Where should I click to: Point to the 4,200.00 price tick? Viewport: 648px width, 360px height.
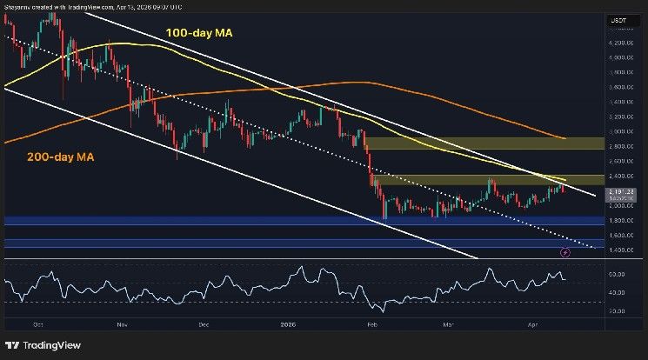[619, 43]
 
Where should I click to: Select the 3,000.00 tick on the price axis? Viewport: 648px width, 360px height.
[619, 131]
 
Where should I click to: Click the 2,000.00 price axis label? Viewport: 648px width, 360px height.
[619, 206]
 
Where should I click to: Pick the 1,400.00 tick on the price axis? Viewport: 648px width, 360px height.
[619, 250]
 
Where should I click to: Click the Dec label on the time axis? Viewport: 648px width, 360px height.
[204, 323]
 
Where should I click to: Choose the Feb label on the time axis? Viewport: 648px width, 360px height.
[371, 323]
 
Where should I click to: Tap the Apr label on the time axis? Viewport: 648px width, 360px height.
[535, 323]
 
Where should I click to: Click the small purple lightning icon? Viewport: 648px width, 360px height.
[565, 252]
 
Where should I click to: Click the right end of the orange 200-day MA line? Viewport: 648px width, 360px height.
[566, 138]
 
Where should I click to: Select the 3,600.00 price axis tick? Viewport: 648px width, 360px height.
[619, 87]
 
